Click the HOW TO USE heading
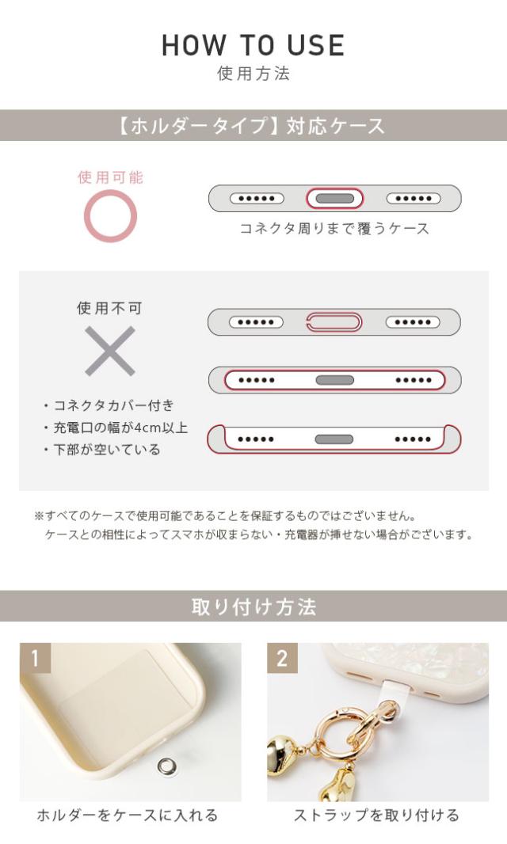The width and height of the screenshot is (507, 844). [x=253, y=45]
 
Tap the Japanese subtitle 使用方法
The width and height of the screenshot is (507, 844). [x=253, y=74]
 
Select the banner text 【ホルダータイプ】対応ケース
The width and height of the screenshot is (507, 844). [x=253, y=125]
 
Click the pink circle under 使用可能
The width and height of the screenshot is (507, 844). [x=110, y=216]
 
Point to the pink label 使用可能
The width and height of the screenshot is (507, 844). [x=110, y=177]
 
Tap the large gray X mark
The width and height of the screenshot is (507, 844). [x=110, y=351]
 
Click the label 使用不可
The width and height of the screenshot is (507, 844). [x=110, y=308]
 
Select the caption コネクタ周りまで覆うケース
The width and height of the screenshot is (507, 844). [x=334, y=229]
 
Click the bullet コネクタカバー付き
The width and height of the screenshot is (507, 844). [x=113, y=405]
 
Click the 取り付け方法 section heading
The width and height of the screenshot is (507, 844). [x=253, y=607]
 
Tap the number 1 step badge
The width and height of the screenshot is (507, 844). [x=35, y=658]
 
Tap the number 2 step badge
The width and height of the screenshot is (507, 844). [x=282, y=658]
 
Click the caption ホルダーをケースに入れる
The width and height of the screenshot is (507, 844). [x=127, y=815]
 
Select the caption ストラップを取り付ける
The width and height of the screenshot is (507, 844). [x=376, y=815]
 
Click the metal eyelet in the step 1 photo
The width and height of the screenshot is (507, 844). [x=166, y=765]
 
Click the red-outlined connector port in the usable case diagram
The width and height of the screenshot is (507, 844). [x=334, y=198]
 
